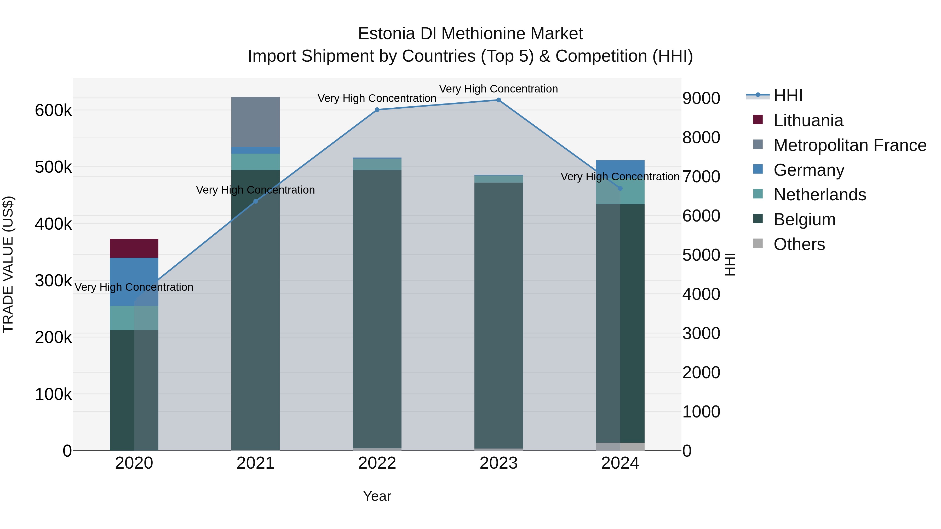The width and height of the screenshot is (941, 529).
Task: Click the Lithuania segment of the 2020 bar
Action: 134,248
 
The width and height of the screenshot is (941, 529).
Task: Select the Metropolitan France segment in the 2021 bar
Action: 255,121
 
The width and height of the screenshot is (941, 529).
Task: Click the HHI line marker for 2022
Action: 377,109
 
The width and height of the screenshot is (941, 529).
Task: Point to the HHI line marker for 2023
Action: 499,100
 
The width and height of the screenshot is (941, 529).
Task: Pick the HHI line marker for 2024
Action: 620,188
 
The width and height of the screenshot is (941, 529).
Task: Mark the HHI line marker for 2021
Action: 255,201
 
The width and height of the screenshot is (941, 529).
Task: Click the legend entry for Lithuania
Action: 808,120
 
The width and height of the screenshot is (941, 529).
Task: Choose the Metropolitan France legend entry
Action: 850,145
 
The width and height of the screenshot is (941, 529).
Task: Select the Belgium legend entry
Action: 804,219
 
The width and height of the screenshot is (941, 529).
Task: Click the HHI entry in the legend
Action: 788,96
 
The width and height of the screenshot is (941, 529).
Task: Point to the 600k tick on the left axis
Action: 53,110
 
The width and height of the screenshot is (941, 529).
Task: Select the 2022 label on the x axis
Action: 377,463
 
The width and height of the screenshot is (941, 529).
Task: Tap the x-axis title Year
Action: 377,496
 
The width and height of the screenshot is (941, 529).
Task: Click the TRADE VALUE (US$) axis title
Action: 8,264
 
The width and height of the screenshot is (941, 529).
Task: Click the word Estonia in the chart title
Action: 387,34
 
